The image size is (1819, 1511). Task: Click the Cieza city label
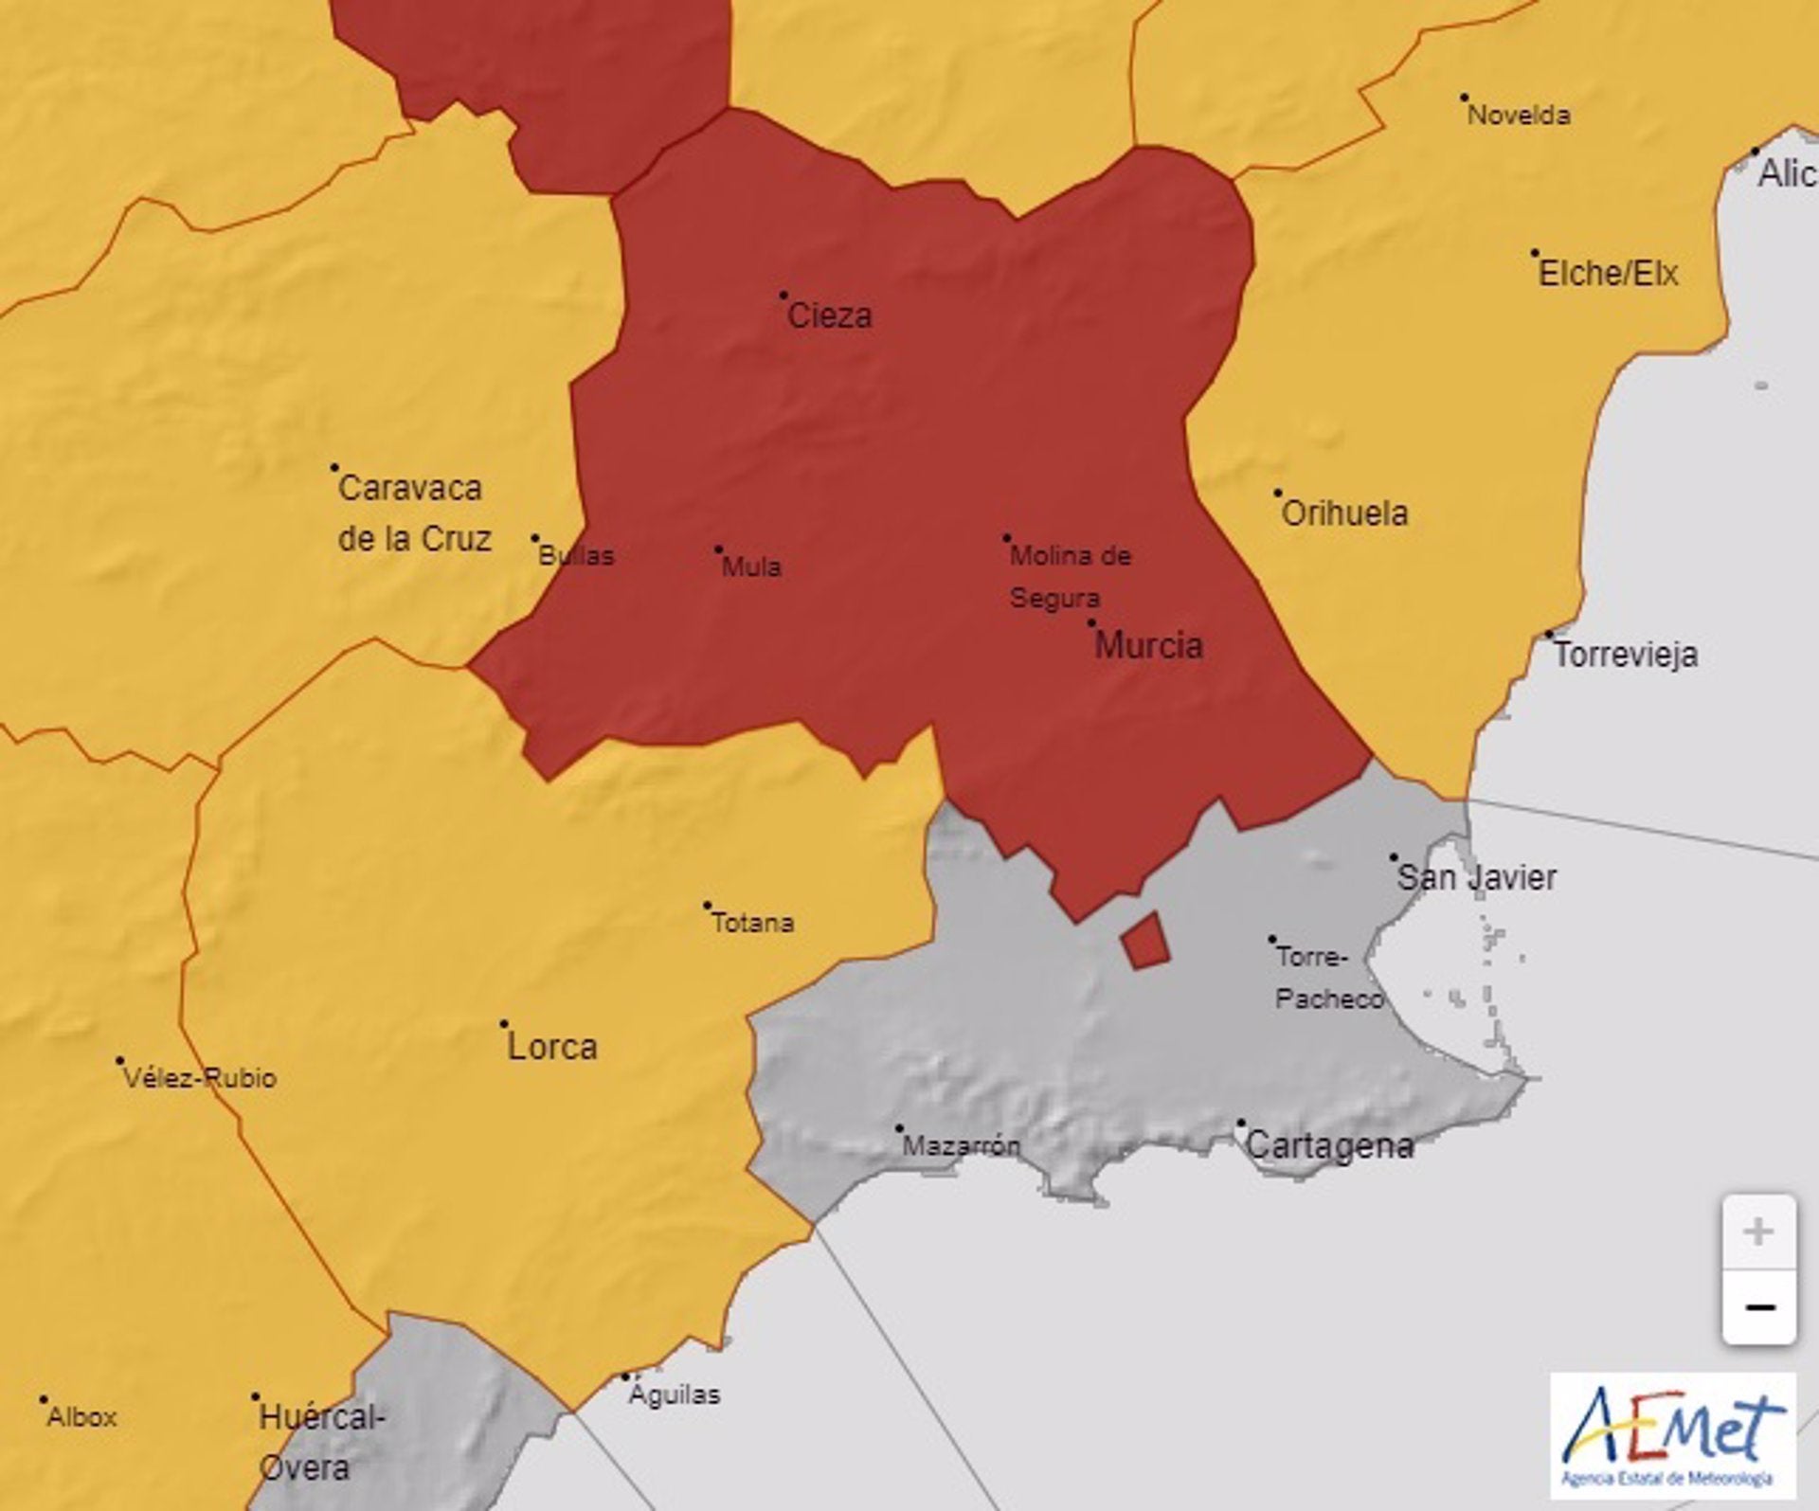click(x=829, y=315)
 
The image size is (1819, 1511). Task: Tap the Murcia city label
click(x=1148, y=646)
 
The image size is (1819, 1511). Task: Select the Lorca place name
click(x=552, y=1048)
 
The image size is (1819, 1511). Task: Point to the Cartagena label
click(x=1328, y=1146)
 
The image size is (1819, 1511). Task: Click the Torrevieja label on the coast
click(x=1626, y=656)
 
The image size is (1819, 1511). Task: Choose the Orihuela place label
click(x=1343, y=513)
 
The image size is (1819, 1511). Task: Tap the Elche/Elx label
click(x=1608, y=275)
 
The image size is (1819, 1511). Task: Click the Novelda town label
click(x=1519, y=116)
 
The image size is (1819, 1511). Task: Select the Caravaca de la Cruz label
click(x=414, y=513)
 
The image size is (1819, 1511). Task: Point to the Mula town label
click(x=751, y=567)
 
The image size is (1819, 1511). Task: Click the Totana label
click(x=752, y=923)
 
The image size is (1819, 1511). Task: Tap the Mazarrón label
click(x=961, y=1146)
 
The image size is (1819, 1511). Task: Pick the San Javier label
click(x=1476, y=877)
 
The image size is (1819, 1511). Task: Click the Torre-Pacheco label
click(x=1327, y=978)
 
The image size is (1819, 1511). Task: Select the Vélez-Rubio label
click(x=200, y=1078)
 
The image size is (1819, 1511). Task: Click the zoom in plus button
click(x=1758, y=1232)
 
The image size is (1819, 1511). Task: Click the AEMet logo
click(x=1673, y=1441)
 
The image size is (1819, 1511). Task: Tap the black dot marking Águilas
click(x=625, y=1377)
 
